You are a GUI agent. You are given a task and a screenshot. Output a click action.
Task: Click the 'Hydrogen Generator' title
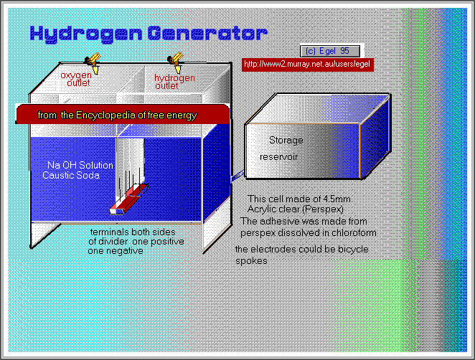[148, 33]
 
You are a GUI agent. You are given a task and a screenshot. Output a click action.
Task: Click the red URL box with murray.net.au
[308, 64]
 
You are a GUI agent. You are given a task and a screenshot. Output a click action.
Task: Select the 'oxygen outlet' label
[75, 79]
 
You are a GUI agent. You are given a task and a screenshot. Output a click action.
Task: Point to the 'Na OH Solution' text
[75, 166]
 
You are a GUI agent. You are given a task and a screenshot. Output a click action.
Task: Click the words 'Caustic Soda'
[70, 175]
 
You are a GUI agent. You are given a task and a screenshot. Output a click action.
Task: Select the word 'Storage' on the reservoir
[286, 140]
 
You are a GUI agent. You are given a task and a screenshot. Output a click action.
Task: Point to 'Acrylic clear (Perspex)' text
[287, 208]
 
